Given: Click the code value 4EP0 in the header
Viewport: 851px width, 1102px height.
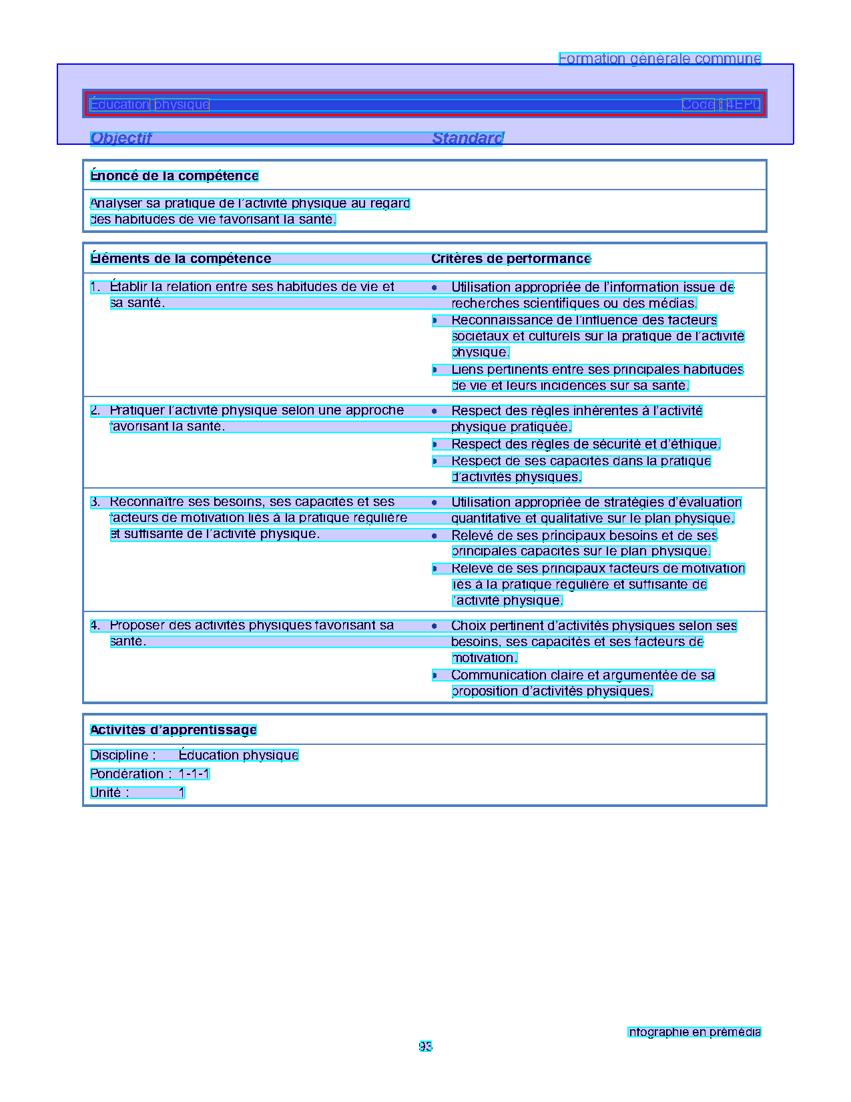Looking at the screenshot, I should pos(743,105).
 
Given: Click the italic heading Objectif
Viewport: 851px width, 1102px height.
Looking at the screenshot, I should pos(121,138).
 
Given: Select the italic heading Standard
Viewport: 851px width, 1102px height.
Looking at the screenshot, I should pos(468,138).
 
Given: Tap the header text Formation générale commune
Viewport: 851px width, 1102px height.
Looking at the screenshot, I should pos(659,59).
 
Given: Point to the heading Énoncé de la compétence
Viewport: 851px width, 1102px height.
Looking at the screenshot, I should pos(174,176).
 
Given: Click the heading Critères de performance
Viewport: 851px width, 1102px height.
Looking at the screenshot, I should pos(511,259).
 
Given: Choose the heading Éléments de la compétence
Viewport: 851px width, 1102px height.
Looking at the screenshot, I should pos(181,259).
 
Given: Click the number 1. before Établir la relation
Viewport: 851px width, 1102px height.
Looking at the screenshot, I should pos(95,287).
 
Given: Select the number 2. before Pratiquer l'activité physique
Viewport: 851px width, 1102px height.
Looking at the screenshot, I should pos(95,410).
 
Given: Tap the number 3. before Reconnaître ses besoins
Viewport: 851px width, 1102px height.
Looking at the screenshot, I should pos(95,502).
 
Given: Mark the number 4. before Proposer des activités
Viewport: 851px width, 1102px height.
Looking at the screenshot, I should pos(95,625).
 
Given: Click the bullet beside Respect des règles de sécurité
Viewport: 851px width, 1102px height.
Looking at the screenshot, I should pos(435,445).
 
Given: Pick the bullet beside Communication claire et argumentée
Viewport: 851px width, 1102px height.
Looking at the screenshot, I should pos(435,675).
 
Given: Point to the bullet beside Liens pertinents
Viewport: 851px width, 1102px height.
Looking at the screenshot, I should pos(435,370).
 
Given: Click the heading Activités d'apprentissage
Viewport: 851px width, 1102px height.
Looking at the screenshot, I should pos(174,730).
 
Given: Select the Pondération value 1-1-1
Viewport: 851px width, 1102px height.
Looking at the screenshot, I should pos(194,774).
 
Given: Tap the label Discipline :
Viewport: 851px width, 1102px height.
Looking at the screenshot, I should pos(123,756).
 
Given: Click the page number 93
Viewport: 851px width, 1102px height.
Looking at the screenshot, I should pos(425,1047).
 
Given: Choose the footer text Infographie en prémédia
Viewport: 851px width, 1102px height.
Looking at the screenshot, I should pos(694,1033).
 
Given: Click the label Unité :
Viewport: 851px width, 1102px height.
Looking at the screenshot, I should pos(109,793).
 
